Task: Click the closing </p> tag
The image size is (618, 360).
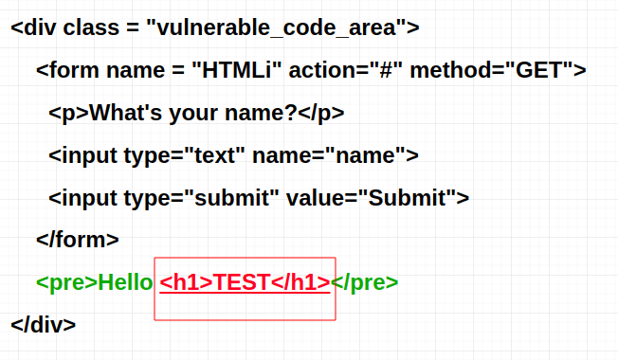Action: (321, 113)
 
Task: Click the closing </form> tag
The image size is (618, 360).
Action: (77, 240)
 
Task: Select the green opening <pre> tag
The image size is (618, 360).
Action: (66, 282)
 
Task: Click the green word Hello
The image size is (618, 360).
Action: (125, 282)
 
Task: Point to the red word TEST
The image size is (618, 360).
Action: (243, 282)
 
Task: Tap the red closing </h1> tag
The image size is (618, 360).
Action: (300, 282)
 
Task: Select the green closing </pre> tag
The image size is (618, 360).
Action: (365, 282)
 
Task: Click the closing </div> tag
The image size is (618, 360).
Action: (44, 324)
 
